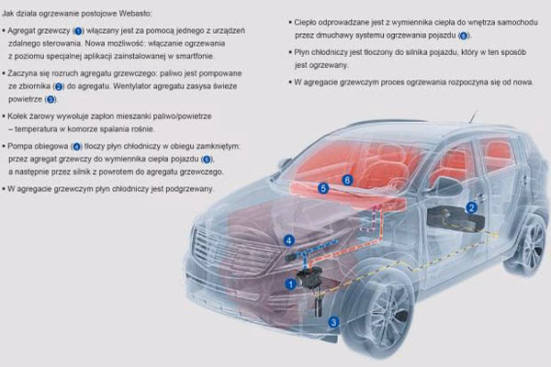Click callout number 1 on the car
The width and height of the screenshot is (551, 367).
coord(290,284)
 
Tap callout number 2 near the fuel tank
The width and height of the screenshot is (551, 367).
coord(472,207)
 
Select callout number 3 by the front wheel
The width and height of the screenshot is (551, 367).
coord(333,322)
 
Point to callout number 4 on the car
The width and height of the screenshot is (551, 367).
coord(289,240)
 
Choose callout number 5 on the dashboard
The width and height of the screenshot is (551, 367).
coord(323,188)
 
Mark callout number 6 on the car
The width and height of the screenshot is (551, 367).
coord(347,180)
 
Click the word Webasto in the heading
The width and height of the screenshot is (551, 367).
coord(135,14)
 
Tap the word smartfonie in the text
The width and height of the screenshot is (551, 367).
coord(195,56)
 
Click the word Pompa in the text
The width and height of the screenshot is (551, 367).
coord(18,146)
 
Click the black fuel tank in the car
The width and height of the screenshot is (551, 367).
coord(455,219)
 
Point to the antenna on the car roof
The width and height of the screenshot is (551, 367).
coord(474,117)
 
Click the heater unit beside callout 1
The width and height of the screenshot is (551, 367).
coord(310,277)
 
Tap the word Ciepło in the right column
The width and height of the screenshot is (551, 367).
coord(304,22)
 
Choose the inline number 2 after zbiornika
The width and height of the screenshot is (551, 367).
coord(59,86)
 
